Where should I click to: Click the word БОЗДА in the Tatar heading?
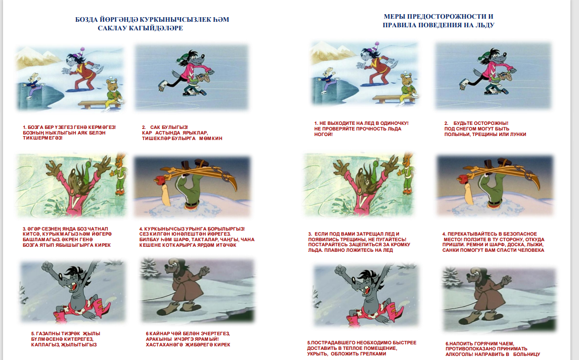[86, 20]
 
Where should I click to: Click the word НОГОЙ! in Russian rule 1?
[324, 134]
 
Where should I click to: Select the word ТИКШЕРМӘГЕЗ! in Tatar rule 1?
[42, 138]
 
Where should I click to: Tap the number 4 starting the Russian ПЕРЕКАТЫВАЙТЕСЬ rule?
[444, 234]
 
